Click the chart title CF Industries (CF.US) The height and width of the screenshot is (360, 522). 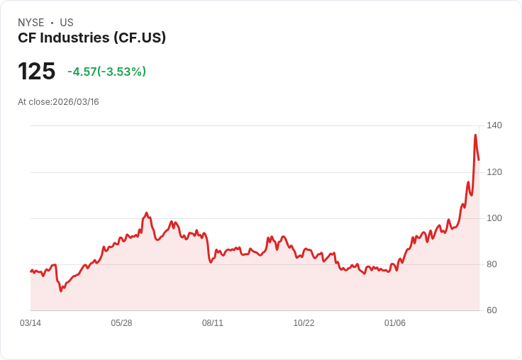tap(92, 38)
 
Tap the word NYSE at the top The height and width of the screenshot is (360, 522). tap(31, 23)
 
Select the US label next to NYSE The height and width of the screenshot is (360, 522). tap(67, 23)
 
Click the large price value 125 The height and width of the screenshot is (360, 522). tap(37, 72)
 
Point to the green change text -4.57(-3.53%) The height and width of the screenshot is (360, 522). tap(106, 72)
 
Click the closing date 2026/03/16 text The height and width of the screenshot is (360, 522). tap(76, 102)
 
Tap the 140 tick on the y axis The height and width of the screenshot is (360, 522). tap(494, 125)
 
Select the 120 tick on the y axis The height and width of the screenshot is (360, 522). tap(494, 172)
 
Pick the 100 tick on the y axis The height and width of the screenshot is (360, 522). tap(494, 218)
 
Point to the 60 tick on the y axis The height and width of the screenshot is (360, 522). tap(492, 310)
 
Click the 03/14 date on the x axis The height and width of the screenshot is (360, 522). tap(30, 323)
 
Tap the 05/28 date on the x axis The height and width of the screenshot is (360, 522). tap(121, 323)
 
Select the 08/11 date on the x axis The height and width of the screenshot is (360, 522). tap(213, 323)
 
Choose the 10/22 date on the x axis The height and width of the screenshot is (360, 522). tap(304, 323)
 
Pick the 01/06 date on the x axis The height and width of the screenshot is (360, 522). tap(395, 323)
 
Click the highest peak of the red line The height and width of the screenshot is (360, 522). tap(475, 135)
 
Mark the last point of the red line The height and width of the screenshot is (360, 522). tap(479, 160)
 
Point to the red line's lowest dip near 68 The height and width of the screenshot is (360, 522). tap(62, 291)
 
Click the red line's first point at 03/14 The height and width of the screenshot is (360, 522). tap(30, 271)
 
